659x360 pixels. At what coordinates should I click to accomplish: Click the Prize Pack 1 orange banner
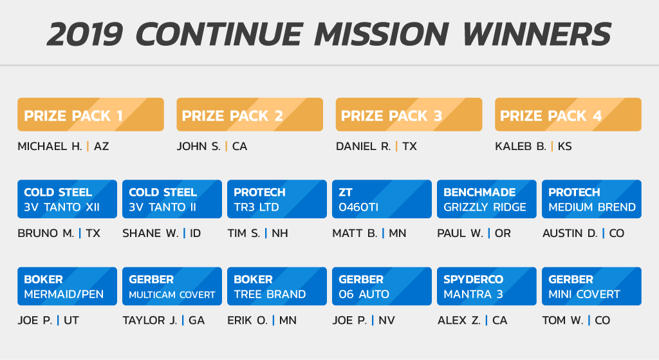click(x=90, y=115)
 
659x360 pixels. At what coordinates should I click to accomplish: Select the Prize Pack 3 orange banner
click(x=409, y=115)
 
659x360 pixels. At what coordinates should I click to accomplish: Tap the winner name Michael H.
click(x=50, y=146)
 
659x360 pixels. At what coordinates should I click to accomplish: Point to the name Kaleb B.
click(x=520, y=146)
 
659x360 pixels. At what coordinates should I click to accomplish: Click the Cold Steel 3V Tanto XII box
click(x=67, y=199)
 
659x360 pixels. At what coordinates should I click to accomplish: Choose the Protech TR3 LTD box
click(x=277, y=199)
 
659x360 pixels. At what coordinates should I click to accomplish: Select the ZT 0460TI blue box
click(x=382, y=199)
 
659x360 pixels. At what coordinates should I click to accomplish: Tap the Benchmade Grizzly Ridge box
click(x=487, y=199)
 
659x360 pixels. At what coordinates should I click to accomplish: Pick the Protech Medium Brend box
click(x=592, y=199)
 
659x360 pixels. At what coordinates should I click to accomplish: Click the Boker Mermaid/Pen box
click(x=67, y=286)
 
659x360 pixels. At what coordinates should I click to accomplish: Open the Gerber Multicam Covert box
click(x=172, y=286)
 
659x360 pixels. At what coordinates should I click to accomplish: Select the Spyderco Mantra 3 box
click(x=487, y=286)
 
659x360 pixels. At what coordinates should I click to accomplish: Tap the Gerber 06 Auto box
click(x=382, y=286)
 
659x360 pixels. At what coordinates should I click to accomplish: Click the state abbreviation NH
click(x=280, y=233)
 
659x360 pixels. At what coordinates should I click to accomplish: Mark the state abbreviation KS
click(x=565, y=146)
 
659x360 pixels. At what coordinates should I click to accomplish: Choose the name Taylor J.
click(x=149, y=321)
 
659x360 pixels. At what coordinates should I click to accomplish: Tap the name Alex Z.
click(x=459, y=321)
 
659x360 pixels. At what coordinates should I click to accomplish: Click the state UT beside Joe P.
click(x=71, y=321)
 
